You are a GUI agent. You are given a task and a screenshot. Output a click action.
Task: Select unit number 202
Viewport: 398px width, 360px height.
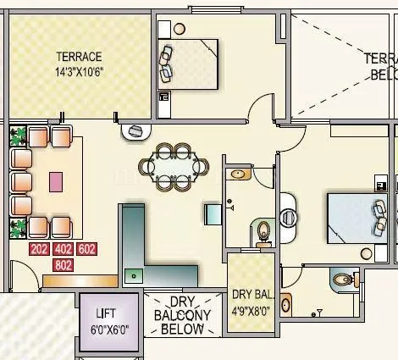click(x=39, y=249)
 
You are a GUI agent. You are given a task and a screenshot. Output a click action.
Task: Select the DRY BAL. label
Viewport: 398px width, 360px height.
click(x=252, y=295)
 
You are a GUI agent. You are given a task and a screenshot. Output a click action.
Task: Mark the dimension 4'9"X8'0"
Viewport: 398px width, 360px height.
click(x=252, y=310)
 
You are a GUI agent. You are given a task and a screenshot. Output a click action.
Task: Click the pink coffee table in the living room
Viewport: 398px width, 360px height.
click(x=56, y=181)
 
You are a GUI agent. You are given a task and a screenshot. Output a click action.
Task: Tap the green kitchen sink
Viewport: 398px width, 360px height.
click(x=133, y=274)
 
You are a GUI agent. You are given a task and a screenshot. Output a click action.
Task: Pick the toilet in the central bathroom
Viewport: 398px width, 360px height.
click(x=263, y=230)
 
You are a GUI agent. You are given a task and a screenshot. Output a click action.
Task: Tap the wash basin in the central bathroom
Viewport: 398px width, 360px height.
click(x=240, y=174)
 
